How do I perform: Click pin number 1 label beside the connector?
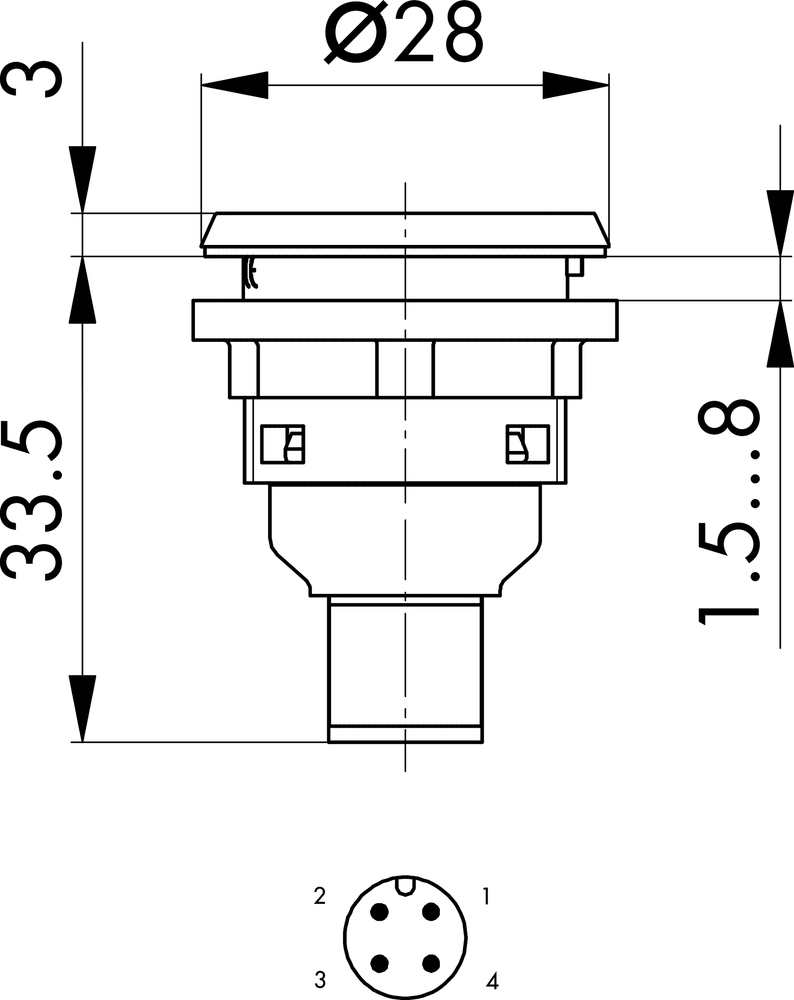[x=486, y=896]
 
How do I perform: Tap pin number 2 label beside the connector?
[x=320, y=896]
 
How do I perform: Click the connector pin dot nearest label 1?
[x=431, y=912]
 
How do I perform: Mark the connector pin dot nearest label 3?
[x=380, y=963]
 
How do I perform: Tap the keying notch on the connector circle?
[x=405, y=884]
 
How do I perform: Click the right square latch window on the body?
[x=528, y=444]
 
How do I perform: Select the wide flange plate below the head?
[x=405, y=320]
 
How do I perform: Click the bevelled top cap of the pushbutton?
[x=405, y=229]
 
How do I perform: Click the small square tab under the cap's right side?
[x=575, y=267]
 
